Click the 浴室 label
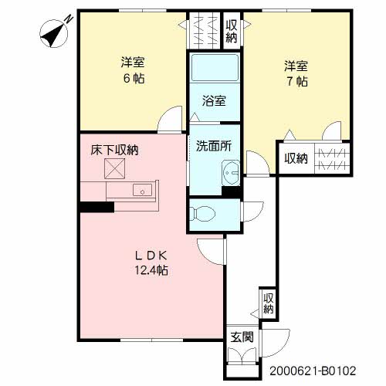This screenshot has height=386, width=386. pos(214,100)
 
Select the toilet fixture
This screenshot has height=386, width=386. pos(205,212)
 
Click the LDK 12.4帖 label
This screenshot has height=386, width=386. pos(151,262)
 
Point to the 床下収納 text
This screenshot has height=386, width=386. pos(112,151)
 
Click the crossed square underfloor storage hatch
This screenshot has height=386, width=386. pos(117,170)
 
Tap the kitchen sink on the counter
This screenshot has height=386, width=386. pos(142,191)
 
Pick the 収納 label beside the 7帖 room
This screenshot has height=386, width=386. pos(296,159)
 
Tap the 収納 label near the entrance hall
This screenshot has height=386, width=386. pos(268,302)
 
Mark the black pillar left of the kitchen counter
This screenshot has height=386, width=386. pos(96,206)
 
